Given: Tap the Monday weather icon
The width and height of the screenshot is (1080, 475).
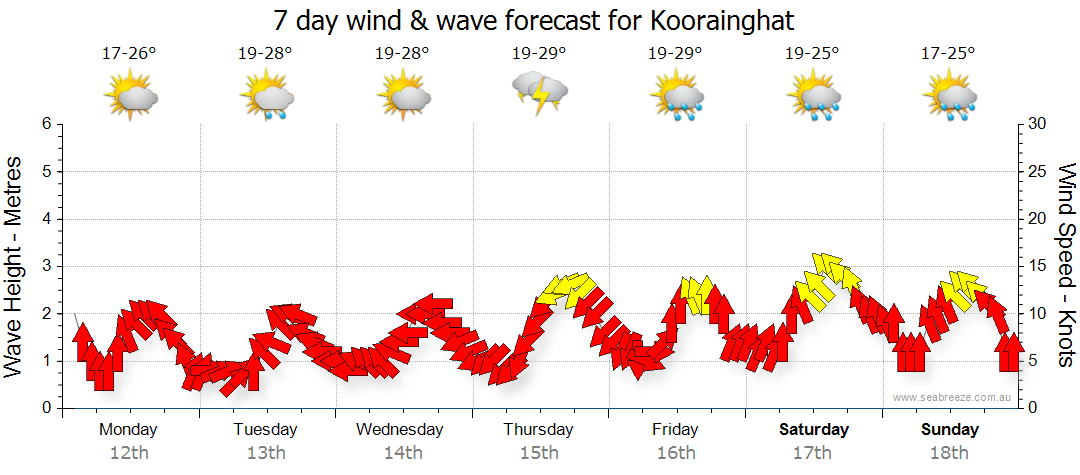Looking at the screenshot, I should pos(130,95).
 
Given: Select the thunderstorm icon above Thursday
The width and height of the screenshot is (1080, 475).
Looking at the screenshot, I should pos(540,93).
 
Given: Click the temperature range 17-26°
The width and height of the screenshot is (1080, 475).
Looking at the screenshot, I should pos(129,53).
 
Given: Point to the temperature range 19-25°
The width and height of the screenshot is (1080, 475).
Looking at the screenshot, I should pos(811,53).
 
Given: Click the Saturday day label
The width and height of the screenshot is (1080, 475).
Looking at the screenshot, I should pos(814,430).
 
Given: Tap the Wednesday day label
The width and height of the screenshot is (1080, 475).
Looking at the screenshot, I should pos(400,430).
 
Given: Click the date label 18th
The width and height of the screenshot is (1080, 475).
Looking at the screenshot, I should pos(950,452).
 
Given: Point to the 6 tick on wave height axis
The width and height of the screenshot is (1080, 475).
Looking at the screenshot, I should pos(46,124).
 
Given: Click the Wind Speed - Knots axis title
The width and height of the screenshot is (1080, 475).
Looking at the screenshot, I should pos(1066,265).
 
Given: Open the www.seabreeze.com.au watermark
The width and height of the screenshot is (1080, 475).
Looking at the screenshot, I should pos(953,397).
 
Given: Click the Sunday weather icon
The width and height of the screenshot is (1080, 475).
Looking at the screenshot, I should pos(950,95).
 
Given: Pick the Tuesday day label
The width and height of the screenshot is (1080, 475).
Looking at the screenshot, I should pos(265,430).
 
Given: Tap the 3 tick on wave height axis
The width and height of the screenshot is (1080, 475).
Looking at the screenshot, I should pos(46,266).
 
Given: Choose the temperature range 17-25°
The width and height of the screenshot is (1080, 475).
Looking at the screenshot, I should pos(948,53).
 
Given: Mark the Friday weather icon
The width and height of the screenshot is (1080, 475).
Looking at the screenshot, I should pos(676,95).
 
